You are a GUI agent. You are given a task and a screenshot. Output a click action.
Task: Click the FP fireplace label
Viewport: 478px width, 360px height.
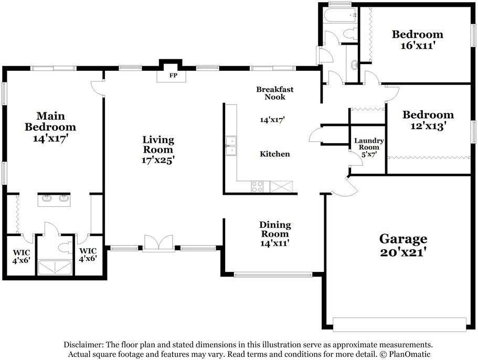point(173,75)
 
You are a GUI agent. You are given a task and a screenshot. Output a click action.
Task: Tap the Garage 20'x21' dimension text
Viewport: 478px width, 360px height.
point(402,252)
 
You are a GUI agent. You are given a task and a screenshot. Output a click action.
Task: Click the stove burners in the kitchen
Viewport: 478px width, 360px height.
point(257,186)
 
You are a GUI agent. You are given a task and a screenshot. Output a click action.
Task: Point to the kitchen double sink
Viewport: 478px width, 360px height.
point(231,146)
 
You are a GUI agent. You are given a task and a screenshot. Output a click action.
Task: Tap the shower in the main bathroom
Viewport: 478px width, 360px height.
point(55,267)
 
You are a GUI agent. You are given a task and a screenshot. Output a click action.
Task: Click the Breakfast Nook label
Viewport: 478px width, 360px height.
point(274,93)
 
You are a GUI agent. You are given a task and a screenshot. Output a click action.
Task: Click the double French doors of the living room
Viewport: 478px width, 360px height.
point(158,243)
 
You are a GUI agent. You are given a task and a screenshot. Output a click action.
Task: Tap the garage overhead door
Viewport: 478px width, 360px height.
point(399,324)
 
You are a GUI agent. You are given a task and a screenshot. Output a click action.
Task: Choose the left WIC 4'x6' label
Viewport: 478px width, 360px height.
point(22,257)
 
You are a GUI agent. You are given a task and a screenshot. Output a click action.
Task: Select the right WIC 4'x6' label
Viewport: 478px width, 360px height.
point(88,255)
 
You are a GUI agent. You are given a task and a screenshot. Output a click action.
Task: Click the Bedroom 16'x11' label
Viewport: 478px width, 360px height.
point(417,40)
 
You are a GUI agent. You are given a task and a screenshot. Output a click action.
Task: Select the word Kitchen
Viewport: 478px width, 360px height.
point(274,154)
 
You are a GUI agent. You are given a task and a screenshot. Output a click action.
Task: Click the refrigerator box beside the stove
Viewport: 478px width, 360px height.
point(281,186)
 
